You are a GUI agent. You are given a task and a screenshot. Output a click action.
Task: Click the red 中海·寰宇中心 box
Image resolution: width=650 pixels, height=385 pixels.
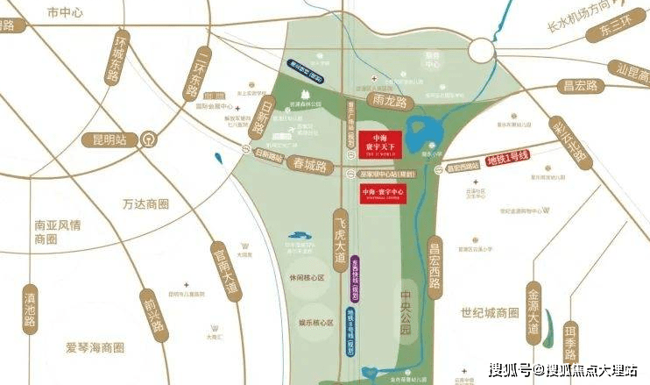(x=380, y=190)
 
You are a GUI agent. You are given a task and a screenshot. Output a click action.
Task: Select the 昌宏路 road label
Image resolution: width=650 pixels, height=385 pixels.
(x=580, y=85)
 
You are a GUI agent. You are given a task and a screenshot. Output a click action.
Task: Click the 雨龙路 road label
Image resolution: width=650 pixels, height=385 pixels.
(x=389, y=102)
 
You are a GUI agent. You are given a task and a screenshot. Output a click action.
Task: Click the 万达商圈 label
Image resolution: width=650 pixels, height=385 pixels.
(x=144, y=204)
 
